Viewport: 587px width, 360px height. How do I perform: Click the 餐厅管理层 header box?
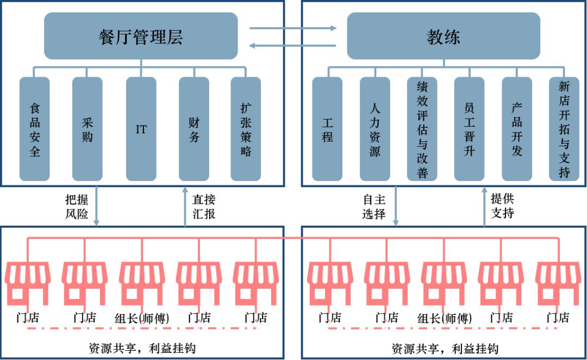[141, 36]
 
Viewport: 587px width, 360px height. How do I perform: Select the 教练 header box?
[444, 36]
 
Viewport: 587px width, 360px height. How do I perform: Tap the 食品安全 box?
[34, 129]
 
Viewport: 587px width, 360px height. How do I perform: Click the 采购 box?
[87, 129]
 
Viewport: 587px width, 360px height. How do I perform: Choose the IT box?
[141, 129]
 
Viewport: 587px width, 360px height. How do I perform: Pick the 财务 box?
[194, 129]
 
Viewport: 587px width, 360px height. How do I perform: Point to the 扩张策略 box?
[246, 129]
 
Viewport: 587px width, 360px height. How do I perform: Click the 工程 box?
[327, 129]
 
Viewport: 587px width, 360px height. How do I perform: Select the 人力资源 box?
[374, 129]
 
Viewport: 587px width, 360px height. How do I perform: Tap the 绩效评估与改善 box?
[422, 129]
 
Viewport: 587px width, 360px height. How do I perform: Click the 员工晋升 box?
[469, 129]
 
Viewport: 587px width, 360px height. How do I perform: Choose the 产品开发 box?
[517, 129]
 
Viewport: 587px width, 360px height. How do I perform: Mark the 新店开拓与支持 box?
[564, 129]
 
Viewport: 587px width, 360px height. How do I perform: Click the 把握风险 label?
[77, 207]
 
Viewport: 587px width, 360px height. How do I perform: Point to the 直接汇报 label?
[204, 207]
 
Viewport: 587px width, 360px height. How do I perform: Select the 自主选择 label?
[374, 207]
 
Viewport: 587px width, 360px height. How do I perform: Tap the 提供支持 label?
[502, 206]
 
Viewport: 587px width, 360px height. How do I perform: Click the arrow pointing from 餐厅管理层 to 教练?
[293, 28]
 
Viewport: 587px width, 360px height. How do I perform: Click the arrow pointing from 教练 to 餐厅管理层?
[292, 46]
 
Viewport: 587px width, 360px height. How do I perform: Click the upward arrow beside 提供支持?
[484, 207]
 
